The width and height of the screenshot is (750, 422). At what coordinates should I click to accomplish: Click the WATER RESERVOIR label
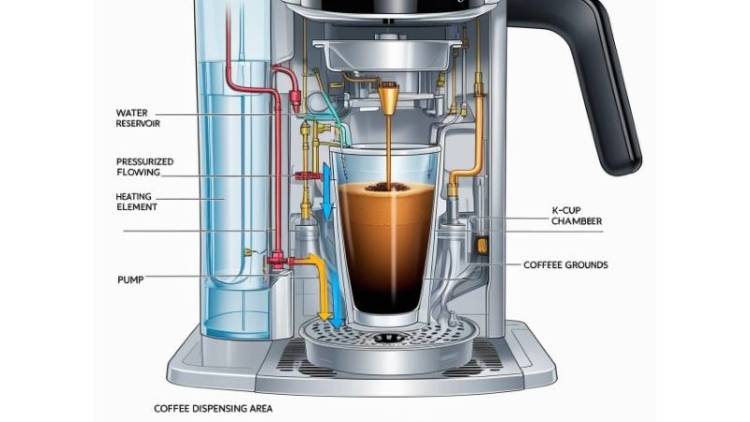tap(138, 118)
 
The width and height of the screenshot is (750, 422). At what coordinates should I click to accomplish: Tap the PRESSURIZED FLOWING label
tap(145, 167)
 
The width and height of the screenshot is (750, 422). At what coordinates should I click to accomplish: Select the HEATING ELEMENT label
tap(136, 202)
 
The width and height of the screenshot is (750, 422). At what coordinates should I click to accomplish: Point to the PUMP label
tap(130, 279)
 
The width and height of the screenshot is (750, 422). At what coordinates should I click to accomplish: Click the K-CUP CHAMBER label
tap(577, 216)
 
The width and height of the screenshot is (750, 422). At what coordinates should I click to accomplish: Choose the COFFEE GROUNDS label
tap(565, 265)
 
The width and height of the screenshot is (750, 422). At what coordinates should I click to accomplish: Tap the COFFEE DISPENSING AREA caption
tap(214, 409)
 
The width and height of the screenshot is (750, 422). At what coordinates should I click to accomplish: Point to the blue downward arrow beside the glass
tap(327, 191)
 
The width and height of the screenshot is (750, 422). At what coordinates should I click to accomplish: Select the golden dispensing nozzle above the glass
tap(389, 98)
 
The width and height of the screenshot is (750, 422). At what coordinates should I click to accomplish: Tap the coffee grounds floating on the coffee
tap(387, 187)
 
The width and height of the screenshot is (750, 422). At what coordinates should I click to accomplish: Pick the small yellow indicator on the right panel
tap(482, 245)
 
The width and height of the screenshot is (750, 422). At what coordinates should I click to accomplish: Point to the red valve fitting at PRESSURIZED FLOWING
tap(308, 175)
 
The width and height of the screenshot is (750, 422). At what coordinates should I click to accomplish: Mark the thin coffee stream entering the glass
tap(388, 149)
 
